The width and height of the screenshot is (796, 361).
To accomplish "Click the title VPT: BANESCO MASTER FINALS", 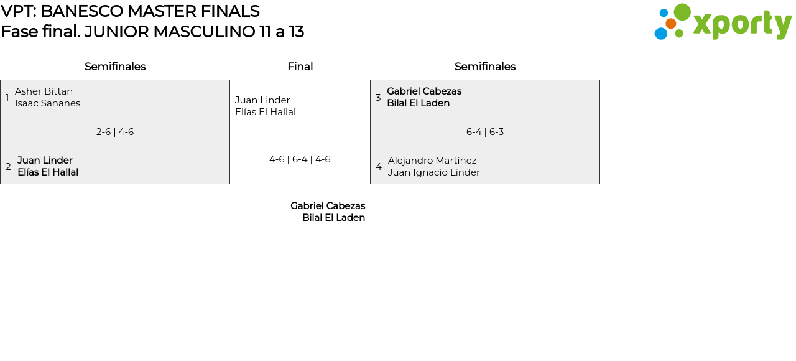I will (x=130, y=11).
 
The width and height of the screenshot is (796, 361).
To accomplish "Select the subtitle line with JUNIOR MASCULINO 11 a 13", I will (x=152, y=32).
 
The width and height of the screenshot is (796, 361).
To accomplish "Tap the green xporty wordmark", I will (x=742, y=24).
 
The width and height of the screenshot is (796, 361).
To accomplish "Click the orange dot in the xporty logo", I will (x=670, y=24).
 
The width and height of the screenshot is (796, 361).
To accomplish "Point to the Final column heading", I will (x=300, y=67).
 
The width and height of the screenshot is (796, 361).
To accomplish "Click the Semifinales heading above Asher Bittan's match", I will (x=115, y=67).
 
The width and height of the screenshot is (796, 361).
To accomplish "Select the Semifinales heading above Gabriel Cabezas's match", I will (x=485, y=67).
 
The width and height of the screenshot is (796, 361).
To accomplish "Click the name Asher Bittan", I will (x=44, y=91).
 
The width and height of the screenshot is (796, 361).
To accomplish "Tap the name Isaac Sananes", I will (x=47, y=103).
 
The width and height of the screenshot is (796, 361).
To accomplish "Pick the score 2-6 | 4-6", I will (x=115, y=132).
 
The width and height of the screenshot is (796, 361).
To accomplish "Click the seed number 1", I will (x=7, y=98).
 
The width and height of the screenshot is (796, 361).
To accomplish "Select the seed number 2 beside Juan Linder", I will (x=8, y=167).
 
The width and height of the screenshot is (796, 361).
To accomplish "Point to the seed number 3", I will (x=378, y=98).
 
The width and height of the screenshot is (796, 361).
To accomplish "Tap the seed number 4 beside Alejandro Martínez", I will (x=379, y=167).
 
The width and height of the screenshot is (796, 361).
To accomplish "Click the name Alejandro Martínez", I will (x=432, y=161).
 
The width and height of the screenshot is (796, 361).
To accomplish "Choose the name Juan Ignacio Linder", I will (x=434, y=172).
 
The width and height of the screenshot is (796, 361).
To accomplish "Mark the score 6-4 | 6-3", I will (x=485, y=132).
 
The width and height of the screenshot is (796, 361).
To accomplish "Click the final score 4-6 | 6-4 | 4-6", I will (x=300, y=159).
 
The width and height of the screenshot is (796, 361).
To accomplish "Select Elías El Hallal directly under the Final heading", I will (x=266, y=112).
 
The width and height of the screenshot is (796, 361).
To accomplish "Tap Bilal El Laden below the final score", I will (x=333, y=218).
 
